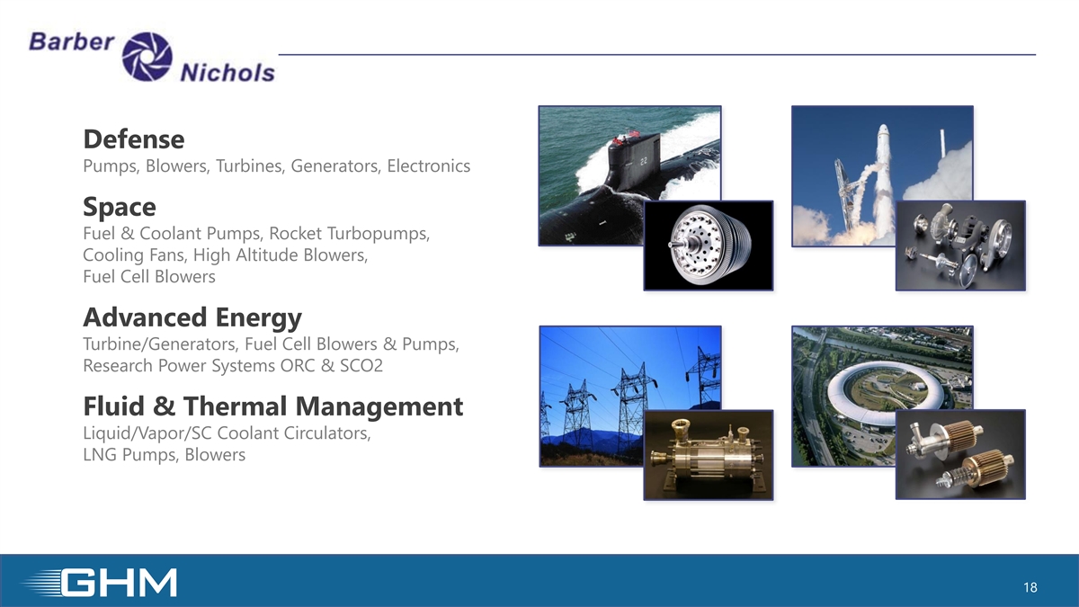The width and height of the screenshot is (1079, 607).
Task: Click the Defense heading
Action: [134, 139]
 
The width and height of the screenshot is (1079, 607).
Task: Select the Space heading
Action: [120, 207]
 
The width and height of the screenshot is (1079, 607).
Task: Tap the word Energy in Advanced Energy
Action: [259, 318]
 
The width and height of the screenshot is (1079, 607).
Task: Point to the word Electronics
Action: [429, 165]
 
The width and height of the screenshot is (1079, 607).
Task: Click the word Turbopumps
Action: [379, 234]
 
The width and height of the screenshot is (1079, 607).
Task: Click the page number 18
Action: [1030, 587]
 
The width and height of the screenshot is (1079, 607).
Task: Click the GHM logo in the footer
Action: [100, 583]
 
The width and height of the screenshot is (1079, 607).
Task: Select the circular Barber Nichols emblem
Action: [147, 56]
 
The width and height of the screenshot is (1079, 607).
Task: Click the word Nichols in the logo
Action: [227, 73]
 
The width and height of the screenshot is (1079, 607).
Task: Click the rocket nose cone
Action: [883, 131]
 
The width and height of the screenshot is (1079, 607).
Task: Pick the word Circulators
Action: [327, 433]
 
